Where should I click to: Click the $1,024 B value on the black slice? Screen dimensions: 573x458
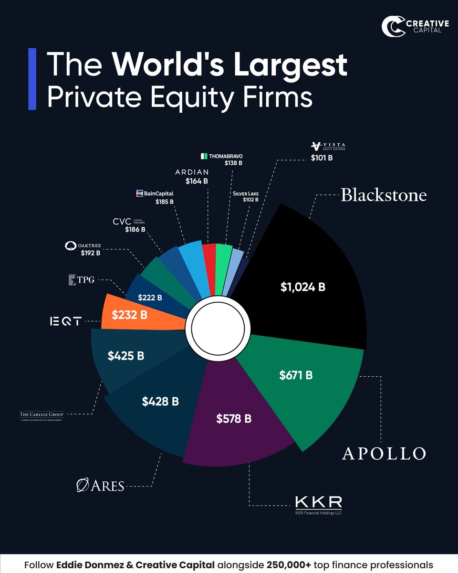tap(303, 287)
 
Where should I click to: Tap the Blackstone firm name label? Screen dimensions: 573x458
tap(384, 195)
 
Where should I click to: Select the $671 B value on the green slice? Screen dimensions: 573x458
tap(296, 375)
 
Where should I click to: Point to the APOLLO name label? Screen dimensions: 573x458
tap(384, 453)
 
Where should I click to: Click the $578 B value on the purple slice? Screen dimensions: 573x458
tap(234, 419)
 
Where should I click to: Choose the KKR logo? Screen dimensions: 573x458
tap(319, 503)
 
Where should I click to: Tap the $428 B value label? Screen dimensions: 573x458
tap(160, 402)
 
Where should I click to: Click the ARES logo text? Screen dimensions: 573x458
tap(101, 486)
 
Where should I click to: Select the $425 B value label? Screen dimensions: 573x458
tap(126, 356)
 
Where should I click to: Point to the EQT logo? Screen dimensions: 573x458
tap(65, 322)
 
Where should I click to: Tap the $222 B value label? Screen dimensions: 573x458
tap(150, 297)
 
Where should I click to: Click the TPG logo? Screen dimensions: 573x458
tap(79, 279)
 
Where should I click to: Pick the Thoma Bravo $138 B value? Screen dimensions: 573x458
tap(233, 163)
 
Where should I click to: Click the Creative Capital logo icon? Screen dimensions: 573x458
tap(392, 27)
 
